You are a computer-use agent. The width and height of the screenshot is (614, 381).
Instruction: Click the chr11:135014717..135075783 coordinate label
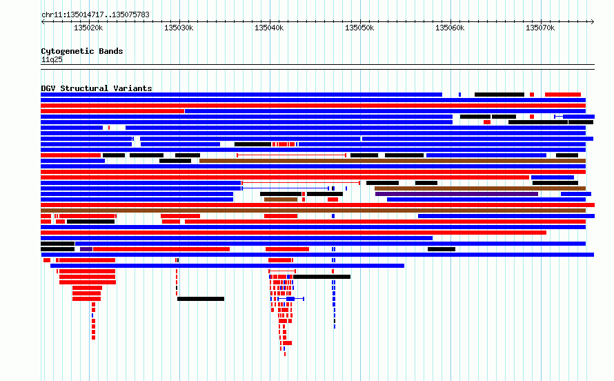coord(95,15)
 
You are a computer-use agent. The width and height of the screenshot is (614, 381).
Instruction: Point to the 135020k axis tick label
coord(88,28)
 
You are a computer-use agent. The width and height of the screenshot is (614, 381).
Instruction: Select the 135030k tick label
coord(179,28)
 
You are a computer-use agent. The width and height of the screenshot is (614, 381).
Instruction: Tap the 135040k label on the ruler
coord(269,28)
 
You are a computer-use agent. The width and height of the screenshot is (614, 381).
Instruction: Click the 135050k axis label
coord(359,28)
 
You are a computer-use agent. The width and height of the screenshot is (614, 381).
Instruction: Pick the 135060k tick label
coord(450,28)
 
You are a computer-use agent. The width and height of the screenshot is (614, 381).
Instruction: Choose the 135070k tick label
coord(540,28)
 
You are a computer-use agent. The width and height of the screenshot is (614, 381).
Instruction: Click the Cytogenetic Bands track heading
coord(82,51)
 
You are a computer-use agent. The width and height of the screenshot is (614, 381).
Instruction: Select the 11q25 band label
coord(52,59)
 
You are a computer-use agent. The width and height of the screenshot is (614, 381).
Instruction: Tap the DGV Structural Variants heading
coord(97,88)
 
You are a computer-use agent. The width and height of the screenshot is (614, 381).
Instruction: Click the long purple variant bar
coord(457,194)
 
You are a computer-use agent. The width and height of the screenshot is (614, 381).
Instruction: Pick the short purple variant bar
coord(86,249)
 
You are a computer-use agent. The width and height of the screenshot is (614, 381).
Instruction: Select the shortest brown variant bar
coord(281,199)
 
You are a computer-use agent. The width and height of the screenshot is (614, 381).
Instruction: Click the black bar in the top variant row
coord(499,95)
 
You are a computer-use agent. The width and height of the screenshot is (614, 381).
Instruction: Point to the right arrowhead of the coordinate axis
coord(593,22)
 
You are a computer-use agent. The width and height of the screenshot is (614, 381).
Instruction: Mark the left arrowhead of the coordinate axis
coord(43,22)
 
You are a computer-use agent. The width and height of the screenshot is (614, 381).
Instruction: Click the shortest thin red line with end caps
coord(282,271)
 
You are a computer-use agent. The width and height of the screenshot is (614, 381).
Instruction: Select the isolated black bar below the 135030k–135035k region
coord(201,299)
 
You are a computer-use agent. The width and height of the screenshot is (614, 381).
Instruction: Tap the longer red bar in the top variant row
coord(563,95)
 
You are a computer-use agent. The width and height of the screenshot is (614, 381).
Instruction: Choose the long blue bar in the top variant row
coord(241,95)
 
